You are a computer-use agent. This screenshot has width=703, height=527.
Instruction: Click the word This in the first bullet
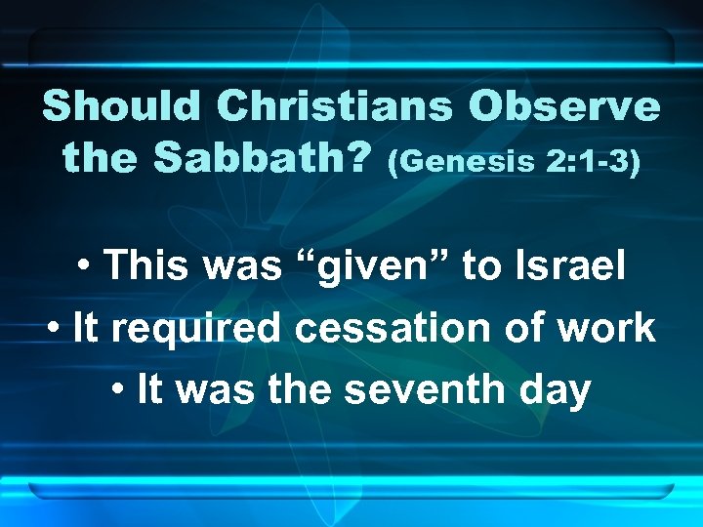[142, 265]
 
